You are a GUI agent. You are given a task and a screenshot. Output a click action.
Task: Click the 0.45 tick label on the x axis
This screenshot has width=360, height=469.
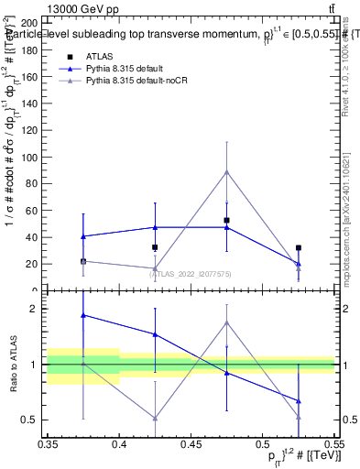pyautogui.click(x=191, y=444)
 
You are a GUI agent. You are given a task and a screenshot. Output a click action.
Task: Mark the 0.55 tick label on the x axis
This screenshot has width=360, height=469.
pyautogui.click(x=333, y=444)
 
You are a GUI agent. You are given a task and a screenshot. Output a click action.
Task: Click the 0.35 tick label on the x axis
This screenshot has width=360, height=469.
pyautogui.click(x=49, y=444)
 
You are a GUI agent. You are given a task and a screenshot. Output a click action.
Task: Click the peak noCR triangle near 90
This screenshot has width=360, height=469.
pyautogui.click(x=226, y=171)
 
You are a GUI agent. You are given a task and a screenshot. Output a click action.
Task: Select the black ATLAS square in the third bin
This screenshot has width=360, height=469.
pyautogui.click(x=226, y=220)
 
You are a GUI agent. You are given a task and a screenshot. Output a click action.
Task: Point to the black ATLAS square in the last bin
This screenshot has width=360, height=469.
pyautogui.click(x=299, y=247)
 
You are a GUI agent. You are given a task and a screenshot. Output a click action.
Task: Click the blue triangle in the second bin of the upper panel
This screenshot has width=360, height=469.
pyautogui.click(x=155, y=227)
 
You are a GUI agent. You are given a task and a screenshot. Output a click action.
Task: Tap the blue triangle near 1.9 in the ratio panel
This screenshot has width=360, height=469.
pyautogui.click(x=83, y=315)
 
